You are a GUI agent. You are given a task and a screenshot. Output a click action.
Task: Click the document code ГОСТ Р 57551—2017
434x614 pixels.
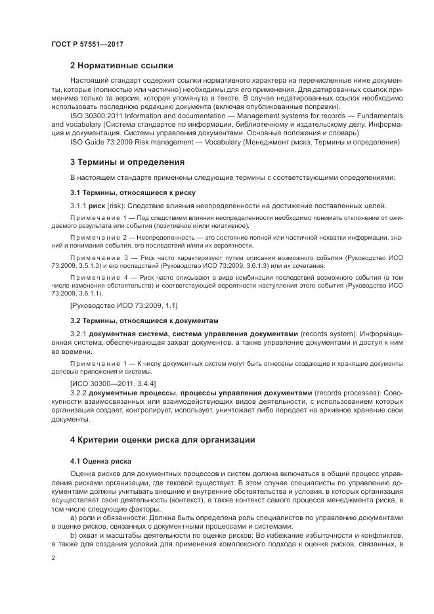point(87,43)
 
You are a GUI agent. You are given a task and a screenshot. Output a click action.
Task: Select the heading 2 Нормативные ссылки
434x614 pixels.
point(121,66)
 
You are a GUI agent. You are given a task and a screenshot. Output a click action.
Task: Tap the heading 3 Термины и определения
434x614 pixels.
point(127,162)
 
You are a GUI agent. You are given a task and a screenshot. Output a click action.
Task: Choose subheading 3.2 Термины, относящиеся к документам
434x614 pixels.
point(143,321)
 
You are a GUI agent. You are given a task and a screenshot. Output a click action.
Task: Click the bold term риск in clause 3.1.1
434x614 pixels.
point(97,206)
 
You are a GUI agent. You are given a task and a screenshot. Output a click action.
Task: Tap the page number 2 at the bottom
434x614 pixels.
point(52,558)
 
